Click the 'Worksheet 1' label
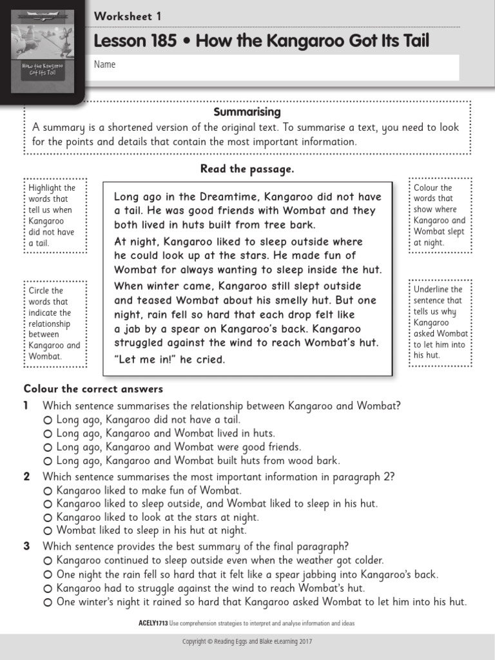tap(128, 16)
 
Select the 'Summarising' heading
tap(247, 112)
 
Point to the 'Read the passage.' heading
tap(247, 169)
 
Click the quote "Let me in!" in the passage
tap(145, 359)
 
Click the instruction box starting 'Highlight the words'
tap(55, 215)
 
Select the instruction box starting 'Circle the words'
tap(55, 323)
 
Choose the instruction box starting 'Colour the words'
tap(440, 215)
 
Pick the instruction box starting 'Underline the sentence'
tap(440, 322)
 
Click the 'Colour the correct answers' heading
tap(93, 389)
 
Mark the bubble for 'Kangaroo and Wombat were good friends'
tap(48, 447)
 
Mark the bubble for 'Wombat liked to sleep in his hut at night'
tap(48, 531)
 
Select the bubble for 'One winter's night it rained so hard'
tap(48, 602)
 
